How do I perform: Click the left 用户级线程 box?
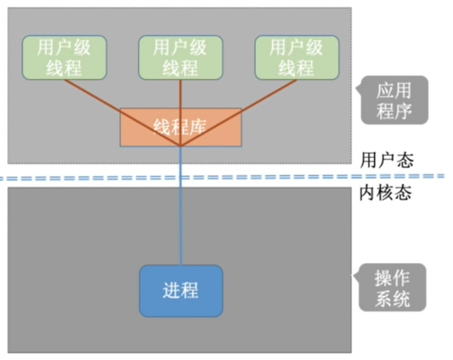tap(64, 57)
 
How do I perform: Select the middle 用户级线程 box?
tap(180, 57)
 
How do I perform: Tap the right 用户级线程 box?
tap(296, 57)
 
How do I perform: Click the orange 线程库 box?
tap(180, 127)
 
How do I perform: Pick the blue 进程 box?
tap(181, 290)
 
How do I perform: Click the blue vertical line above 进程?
tap(181, 225)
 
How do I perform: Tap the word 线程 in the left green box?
tap(64, 67)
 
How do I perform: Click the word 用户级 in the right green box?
tap(296, 48)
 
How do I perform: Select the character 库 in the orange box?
tap(198, 126)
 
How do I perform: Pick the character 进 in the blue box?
tap(171, 290)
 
